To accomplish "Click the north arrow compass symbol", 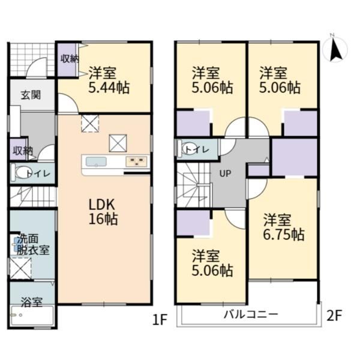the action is pyautogui.click(x=335, y=49).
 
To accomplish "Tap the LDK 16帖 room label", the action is pyautogui.click(x=103, y=212).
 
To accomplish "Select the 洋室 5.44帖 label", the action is pyautogui.click(x=109, y=80).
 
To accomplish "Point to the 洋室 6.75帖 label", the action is pyautogui.click(x=284, y=227).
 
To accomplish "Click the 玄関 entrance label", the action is pyautogui.click(x=31, y=95).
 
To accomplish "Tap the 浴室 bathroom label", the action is pyautogui.click(x=32, y=302).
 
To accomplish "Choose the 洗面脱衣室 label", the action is pyautogui.click(x=33, y=245).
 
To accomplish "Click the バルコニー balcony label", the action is pyautogui.click(x=251, y=314).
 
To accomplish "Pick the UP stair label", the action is pyautogui.click(x=225, y=173).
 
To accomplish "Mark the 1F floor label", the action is pyautogui.click(x=160, y=319).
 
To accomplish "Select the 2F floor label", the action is pyautogui.click(x=334, y=315).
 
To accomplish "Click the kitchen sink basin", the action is pyautogui.click(x=96, y=161).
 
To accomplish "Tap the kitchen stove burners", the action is pyautogui.click(x=136, y=161).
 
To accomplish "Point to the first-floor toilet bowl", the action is pyautogui.click(x=20, y=173).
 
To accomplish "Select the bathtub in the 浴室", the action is pyautogui.click(x=32, y=316).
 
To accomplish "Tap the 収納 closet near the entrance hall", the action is pyautogui.click(x=19, y=150).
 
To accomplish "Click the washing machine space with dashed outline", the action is pyautogui.click(x=20, y=268).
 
